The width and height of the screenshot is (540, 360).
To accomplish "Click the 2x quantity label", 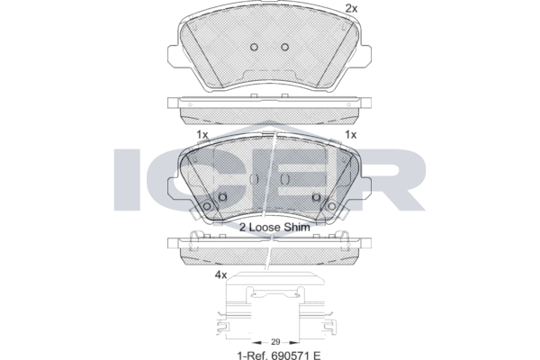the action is point(351,8).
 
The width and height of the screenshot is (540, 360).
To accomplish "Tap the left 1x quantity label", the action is point(202,134).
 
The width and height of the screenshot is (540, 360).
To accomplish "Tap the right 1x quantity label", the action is point(351,134).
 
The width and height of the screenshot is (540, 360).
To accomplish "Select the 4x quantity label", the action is point(220,274).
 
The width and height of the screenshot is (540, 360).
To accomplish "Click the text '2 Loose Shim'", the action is point(274,227).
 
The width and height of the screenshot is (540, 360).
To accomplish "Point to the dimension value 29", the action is point(275,342).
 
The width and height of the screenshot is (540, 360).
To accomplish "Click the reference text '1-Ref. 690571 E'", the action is point(279,355).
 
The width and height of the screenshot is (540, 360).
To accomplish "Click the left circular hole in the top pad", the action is point(254,47).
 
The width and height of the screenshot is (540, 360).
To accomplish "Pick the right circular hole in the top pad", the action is point(284,47).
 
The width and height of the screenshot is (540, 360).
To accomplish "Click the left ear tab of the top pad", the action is point(173,56).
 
